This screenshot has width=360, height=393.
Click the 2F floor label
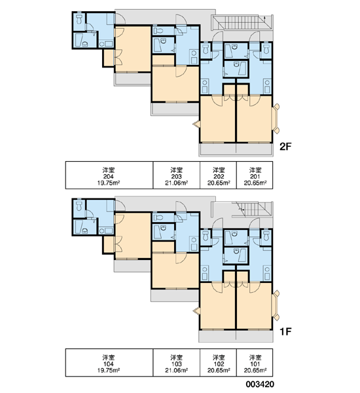[285, 147]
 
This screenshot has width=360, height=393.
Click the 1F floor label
[285, 331]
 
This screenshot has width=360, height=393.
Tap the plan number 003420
[260, 384]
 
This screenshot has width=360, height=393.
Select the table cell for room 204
[109, 175]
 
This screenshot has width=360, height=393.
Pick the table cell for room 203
[176, 175]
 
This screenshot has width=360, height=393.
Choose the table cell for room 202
[218, 175]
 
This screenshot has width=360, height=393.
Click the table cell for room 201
[255, 175]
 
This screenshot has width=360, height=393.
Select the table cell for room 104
[109, 362]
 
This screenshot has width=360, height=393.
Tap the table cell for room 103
[176, 362]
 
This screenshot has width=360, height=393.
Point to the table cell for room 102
[218, 362]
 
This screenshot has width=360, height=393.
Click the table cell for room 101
[255, 362]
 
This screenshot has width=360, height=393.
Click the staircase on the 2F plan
[242, 22]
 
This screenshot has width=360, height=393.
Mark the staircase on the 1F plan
[251, 210]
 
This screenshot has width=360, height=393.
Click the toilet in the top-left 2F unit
[79, 19]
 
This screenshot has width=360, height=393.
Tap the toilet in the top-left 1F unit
[79, 206]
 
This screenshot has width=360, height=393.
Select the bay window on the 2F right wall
[276, 119]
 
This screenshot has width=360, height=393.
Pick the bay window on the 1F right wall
[276, 305]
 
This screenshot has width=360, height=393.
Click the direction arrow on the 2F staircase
[265, 19]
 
